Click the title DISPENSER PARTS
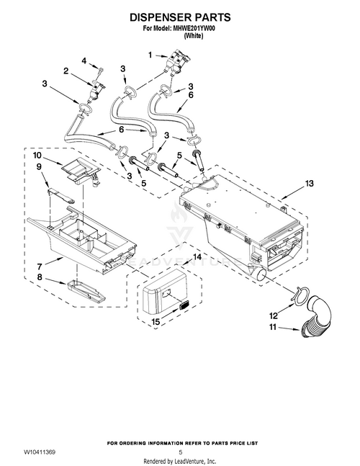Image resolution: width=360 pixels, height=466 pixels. [180, 17]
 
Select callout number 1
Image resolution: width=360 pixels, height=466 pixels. [150, 55]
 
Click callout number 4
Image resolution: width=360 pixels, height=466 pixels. [84, 61]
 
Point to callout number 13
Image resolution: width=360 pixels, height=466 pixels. [309, 184]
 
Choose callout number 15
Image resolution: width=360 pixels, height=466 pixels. [156, 321]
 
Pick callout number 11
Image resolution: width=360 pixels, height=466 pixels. [273, 327]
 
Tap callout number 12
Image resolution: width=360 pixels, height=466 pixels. [274, 315]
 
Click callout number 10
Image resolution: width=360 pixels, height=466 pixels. [37, 155]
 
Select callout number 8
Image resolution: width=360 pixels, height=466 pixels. [40, 277]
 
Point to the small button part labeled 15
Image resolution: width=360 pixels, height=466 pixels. [185, 305]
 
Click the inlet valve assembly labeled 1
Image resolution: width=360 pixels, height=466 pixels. [178, 63]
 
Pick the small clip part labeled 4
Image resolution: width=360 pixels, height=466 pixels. [100, 71]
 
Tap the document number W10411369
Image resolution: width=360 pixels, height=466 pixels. [40, 452]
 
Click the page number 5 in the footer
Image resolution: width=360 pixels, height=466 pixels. [180, 452]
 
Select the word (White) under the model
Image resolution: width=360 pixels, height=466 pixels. [194, 36]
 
